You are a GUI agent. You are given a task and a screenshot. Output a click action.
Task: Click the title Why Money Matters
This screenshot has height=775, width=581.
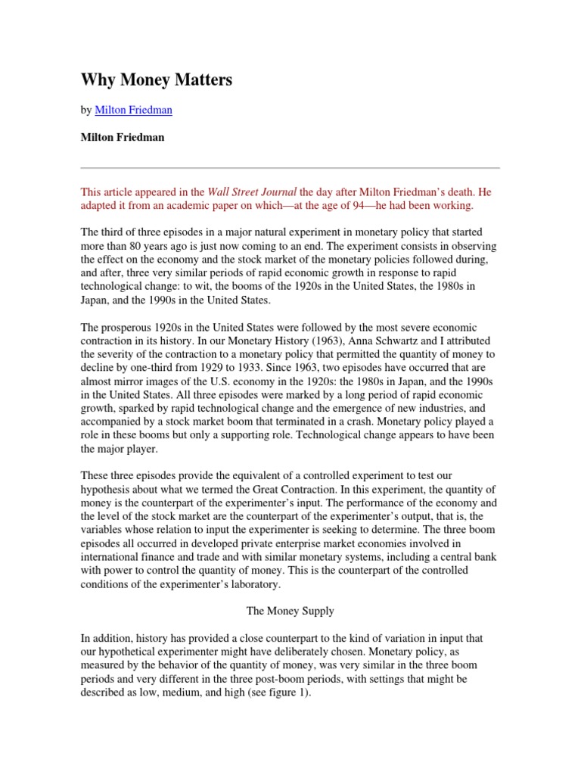157,80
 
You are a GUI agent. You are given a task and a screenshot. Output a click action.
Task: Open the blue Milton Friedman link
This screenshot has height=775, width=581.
133,110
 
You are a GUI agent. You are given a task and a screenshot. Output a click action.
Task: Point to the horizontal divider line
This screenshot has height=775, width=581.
290,168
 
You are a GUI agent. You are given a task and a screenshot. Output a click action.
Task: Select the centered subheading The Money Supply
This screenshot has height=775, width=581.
290,611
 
